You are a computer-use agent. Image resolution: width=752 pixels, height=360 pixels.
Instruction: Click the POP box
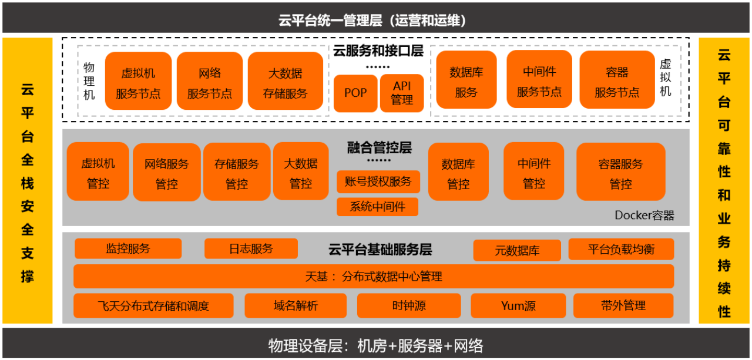pyautogui.click(x=355, y=93)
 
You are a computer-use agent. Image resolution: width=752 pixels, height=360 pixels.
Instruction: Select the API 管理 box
pyautogui.click(x=402, y=93)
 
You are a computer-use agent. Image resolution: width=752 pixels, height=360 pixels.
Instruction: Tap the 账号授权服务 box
pyautogui.click(x=378, y=182)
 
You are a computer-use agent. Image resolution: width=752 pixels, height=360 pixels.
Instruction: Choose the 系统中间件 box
pyautogui.click(x=377, y=207)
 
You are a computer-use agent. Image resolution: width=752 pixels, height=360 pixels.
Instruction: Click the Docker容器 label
pyautogui.click(x=644, y=216)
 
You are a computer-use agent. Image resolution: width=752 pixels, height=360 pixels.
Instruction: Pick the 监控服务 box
pyautogui.click(x=128, y=248)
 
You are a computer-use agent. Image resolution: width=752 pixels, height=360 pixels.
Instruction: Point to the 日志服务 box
pyautogui.click(x=251, y=248)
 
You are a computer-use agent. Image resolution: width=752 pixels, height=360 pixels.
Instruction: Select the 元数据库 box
pyautogui.click(x=517, y=250)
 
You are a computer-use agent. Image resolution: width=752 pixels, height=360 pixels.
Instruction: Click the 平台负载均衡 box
pyautogui.click(x=621, y=249)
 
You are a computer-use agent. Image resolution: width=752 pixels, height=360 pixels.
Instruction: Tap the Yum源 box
pyautogui.click(x=518, y=305)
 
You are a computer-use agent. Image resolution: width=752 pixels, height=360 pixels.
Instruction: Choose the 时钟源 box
pyautogui.click(x=409, y=305)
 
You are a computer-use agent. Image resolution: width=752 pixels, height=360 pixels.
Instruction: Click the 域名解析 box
pyautogui.click(x=296, y=305)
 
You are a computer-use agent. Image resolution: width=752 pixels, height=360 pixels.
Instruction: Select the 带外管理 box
pyautogui.click(x=623, y=305)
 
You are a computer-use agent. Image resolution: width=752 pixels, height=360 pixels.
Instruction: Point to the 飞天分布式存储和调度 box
pyautogui.click(x=153, y=305)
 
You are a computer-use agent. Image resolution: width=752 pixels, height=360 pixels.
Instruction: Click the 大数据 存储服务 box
pyautogui.click(x=286, y=81)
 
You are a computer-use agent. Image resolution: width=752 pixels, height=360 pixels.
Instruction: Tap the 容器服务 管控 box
pyautogui.click(x=621, y=172)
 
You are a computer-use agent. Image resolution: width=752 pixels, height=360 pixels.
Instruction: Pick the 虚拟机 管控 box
pyautogui.click(x=98, y=171)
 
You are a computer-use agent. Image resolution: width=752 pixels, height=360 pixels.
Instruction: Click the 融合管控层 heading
pyautogui.click(x=380, y=147)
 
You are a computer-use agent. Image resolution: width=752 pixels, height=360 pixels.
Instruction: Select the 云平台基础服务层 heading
pyautogui.click(x=380, y=249)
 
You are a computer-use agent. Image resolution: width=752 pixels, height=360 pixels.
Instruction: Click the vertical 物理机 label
pyautogui.click(x=89, y=81)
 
